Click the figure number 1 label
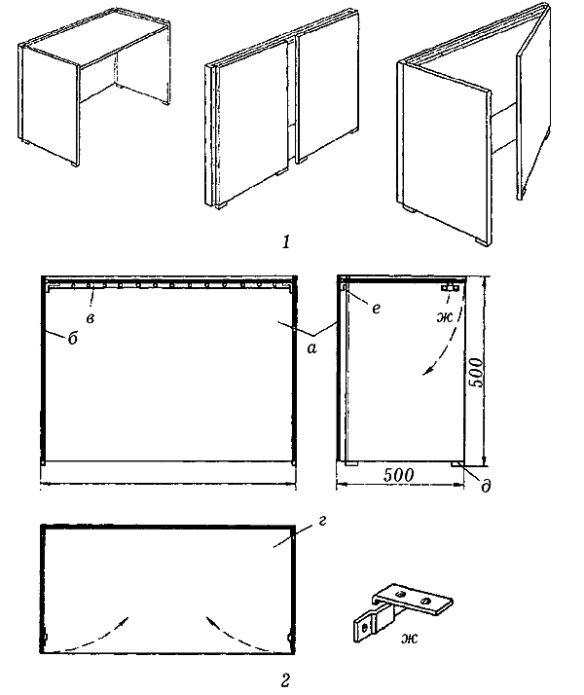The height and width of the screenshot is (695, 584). [286, 242]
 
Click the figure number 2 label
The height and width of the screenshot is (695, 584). [286, 679]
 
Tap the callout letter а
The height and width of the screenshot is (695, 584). [312, 348]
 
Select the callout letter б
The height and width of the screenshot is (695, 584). [73, 338]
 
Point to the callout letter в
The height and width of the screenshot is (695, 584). [91, 318]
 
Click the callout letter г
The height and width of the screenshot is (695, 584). [322, 522]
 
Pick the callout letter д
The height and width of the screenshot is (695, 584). [486, 486]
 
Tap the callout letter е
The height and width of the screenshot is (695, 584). [376, 309]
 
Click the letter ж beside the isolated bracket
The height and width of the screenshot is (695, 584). [409, 639]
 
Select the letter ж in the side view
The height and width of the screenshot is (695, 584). [445, 317]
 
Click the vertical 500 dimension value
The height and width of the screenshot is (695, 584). [476, 372]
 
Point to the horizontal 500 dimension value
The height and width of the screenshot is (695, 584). [398, 475]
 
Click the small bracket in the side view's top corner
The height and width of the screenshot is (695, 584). [451, 288]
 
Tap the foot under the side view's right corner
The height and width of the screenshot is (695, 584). [457, 464]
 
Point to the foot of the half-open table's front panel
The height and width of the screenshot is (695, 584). [480, 241]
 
